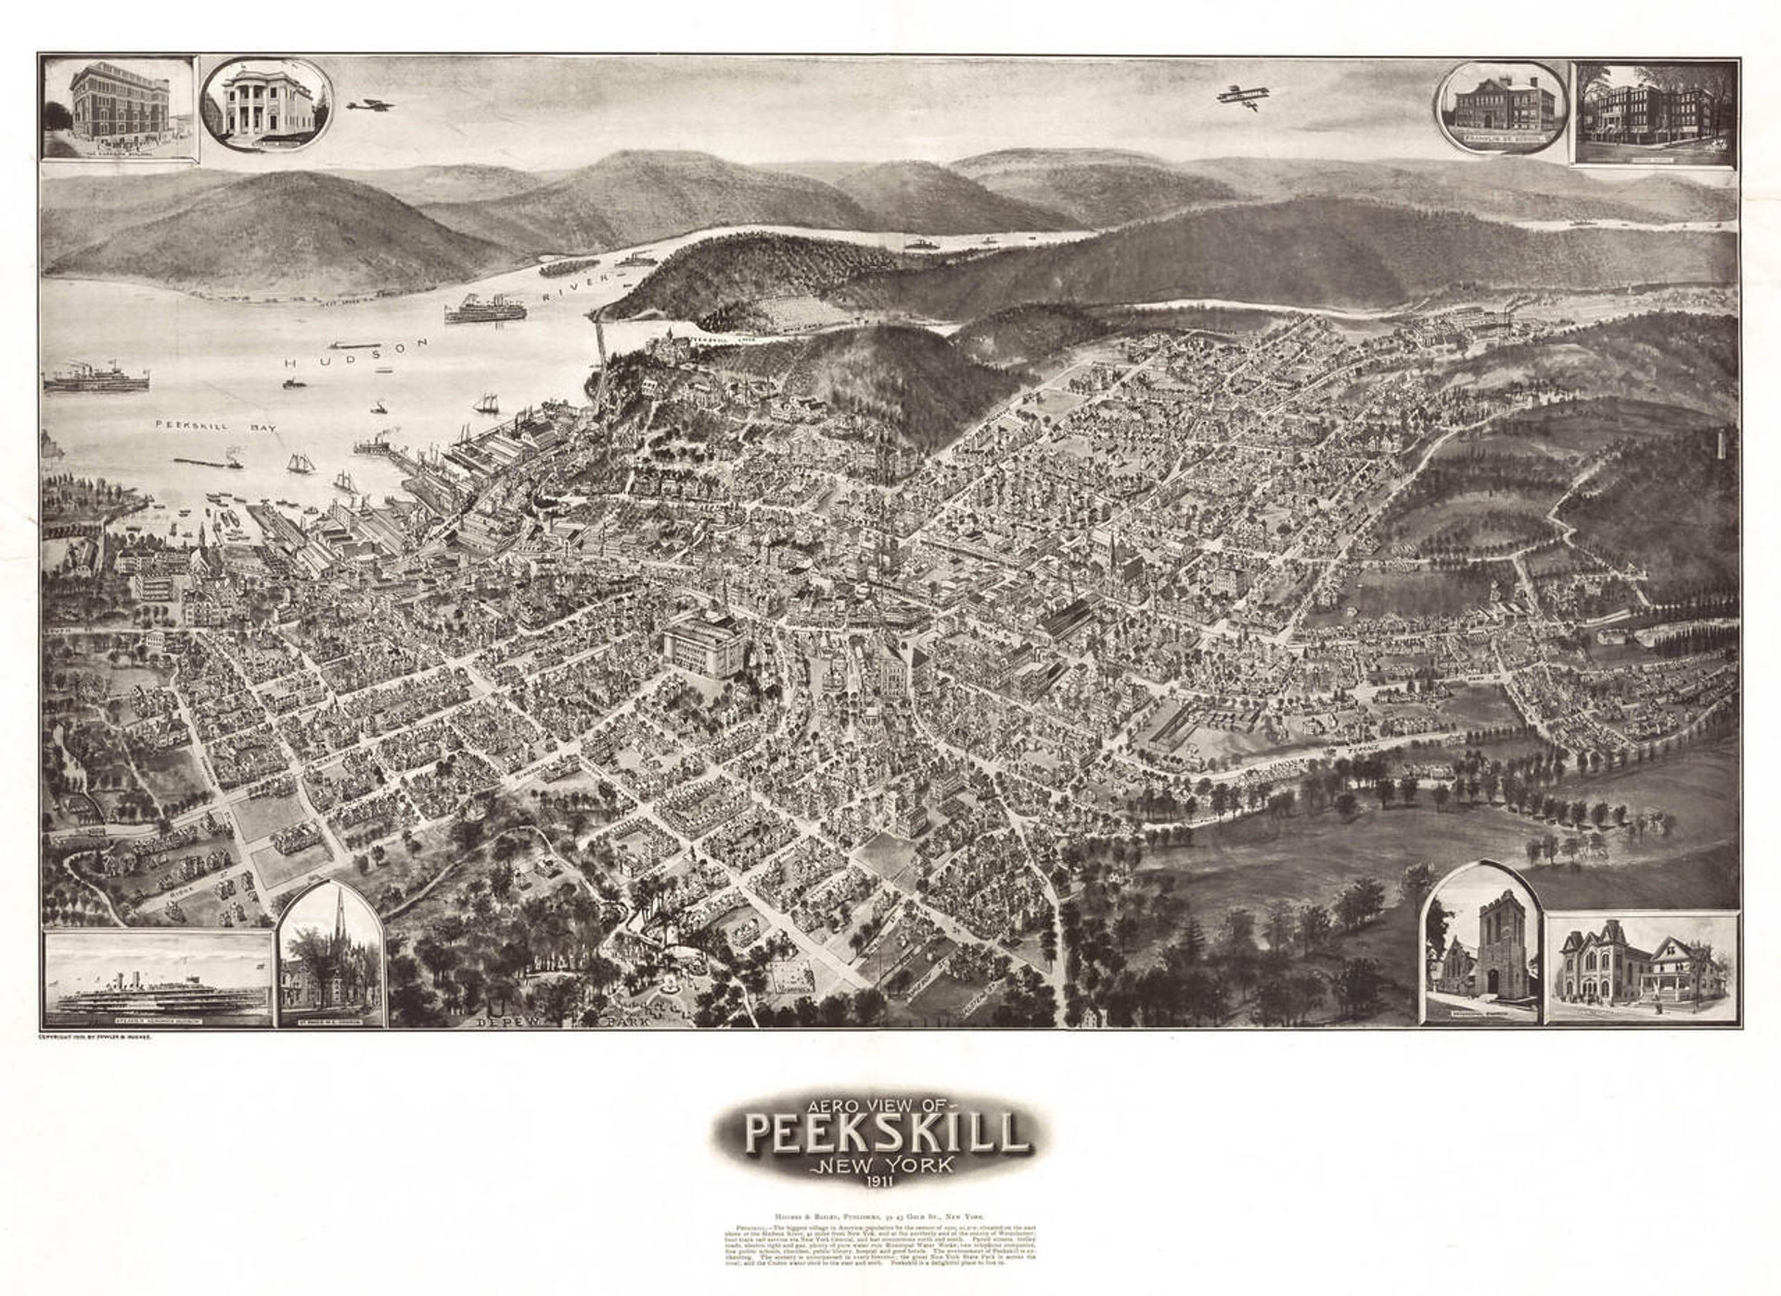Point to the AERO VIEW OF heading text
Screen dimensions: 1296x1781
(x=875, y=1104)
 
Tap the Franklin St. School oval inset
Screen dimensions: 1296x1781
(x=1501, y=109)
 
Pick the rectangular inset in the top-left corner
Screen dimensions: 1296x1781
(x=119, y=109)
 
